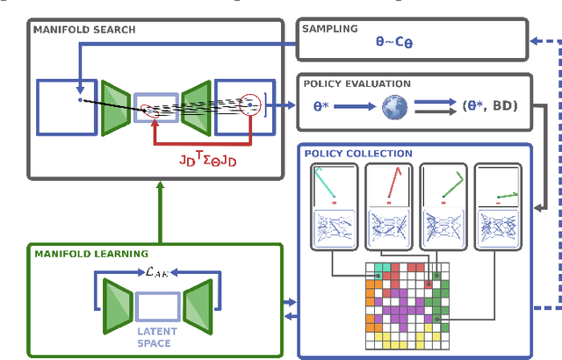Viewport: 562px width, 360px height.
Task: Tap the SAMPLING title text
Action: pyautogui.click(x=329, y=28)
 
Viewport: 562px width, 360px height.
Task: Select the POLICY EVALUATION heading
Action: pyautogui.click(x=357, y=84)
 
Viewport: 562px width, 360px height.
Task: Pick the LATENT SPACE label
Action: pyautogui.click(x=157, y=336)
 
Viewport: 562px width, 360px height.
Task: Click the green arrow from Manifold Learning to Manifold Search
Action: pyautogui.click(x=159, y=212)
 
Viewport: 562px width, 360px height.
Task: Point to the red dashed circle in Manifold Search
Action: pyautogui.click(x=251, y=105)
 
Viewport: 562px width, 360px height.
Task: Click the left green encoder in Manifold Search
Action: pyautogui.click(x=115, y=108)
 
